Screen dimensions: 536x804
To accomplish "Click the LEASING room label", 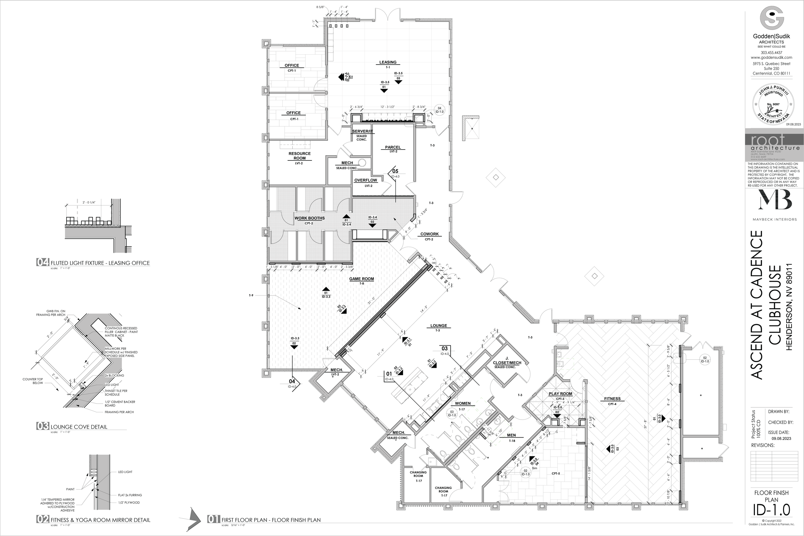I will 388,62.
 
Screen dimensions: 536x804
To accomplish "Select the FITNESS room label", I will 612,399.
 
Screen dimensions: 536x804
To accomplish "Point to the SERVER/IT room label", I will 362,131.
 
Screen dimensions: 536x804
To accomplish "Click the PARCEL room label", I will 393,147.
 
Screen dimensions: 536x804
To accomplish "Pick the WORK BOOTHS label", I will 309,218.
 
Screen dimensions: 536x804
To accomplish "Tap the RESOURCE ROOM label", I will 299,156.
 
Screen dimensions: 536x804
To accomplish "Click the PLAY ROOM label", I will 560,394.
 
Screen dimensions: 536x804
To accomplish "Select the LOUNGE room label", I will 439,326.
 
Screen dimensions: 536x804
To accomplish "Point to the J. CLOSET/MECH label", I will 507,361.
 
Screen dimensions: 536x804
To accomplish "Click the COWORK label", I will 429,234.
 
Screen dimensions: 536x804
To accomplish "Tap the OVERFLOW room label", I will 365,180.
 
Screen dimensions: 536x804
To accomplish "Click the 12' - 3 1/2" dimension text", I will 387,107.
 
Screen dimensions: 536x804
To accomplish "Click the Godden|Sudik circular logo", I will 772,20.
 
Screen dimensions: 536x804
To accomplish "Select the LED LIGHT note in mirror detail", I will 125,472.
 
